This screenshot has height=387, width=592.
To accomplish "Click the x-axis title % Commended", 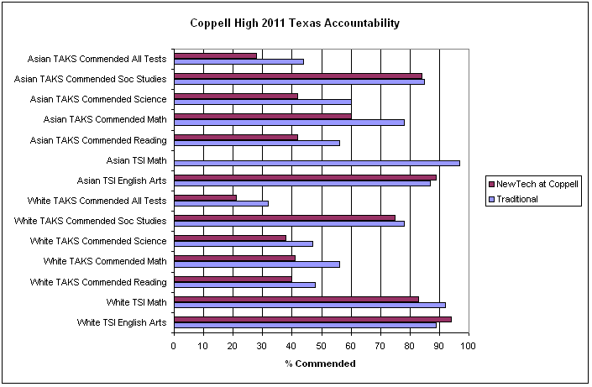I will (320, 363).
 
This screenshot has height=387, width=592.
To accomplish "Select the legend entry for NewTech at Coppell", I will (537, 184).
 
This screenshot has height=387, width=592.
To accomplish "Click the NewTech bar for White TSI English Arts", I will (312, 319).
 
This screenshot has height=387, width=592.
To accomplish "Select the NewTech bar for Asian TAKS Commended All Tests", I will (215, 55).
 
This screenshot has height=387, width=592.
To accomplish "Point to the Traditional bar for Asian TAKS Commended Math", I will (289, 123).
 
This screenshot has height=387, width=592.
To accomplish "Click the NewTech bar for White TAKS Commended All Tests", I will (205, 197).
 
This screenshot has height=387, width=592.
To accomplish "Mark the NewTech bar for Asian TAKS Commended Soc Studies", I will (298, 76).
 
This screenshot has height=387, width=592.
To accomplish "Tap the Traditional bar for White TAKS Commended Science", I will (244, 244).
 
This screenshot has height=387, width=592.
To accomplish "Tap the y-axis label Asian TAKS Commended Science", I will (98, 99).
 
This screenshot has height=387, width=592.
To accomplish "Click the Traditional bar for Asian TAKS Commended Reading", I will (257, 143).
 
